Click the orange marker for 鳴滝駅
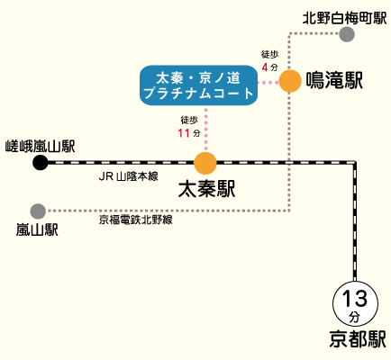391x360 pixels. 290,81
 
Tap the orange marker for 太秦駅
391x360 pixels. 205,163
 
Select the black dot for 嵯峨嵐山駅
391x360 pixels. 41,163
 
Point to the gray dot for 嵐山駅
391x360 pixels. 38,211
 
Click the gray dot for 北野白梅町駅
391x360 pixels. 347,34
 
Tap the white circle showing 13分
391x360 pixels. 355,303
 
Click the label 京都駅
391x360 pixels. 358,339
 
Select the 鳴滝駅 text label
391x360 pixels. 334,80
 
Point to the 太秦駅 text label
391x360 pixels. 206,189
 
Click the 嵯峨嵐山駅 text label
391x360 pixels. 41,147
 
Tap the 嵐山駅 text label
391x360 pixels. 37,230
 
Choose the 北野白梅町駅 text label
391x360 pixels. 344,18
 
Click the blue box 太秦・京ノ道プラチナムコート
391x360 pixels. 199,85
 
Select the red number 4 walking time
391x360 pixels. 265,67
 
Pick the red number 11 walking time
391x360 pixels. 184,133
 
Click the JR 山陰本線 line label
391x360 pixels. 128,176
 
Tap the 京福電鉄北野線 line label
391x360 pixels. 135,220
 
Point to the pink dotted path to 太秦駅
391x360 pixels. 206,129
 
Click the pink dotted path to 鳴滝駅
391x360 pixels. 268,82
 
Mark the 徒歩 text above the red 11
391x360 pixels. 189,120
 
